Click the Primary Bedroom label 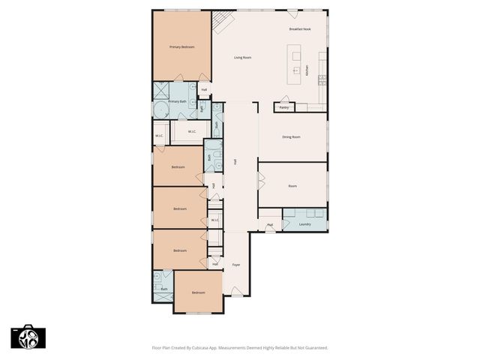click(x=181, y=47)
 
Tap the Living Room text click(x=241, y=58)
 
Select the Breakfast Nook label click(x=300, y=29)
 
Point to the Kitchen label click(x=307, y=70)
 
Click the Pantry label click(x=284, y=108)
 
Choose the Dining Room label click(x=291, y=137)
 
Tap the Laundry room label click(x=304, y=224)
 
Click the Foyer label click(x=235, y=265)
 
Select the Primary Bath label click(x=177, y=101)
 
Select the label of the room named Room click(x=292, y=186)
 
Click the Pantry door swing click(x=284, y=100)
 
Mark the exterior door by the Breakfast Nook click(x=291, y=13)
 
